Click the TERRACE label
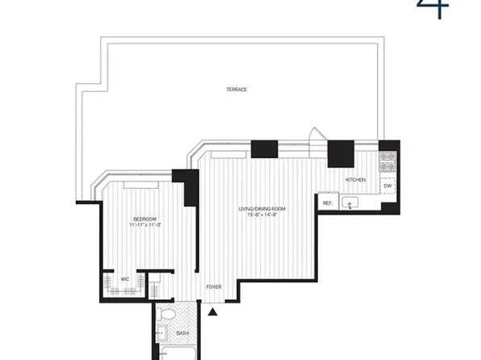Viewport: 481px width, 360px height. tap(236, 89)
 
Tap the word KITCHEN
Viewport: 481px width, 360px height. tap(356, 179)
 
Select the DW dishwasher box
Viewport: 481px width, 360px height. tap(388, 186)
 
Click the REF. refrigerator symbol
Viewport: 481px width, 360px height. tap(327, 203)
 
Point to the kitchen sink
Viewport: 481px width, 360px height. tap(351, 203)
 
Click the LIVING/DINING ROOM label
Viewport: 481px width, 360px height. tap(261, 209)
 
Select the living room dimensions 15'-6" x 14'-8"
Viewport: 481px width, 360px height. tap(261, 216)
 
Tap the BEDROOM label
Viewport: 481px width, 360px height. tap(145, 218)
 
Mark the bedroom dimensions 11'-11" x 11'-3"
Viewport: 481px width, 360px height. tap(145, 224)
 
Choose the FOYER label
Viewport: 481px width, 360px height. tap(214, 287)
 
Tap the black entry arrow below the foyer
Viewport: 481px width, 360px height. tap(213, 312)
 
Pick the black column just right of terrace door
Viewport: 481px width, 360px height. tap(340, 153)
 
